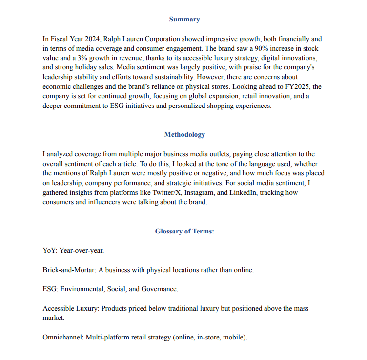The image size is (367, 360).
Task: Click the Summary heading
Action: [184, 20]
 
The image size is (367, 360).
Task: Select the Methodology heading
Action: [184, 135]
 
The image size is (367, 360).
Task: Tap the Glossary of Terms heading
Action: [184, 231]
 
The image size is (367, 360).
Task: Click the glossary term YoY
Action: [49, 251]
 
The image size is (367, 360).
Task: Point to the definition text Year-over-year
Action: [82, 251]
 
